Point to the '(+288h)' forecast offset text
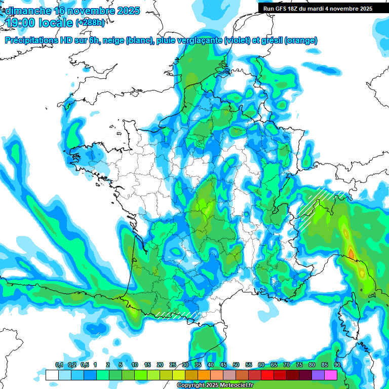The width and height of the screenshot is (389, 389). pos(91,23)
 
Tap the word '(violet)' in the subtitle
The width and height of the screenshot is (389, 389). pos(237,41)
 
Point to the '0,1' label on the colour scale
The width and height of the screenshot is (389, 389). pos(59,365)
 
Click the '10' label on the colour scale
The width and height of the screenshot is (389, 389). pos(135,365)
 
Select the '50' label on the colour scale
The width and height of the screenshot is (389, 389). pos(236,365)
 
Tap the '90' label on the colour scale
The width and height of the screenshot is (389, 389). pos(337,365)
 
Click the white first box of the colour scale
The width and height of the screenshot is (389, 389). pos(52,375)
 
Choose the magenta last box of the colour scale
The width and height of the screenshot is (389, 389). pos(331,375)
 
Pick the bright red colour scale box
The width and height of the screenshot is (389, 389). pos(267,375)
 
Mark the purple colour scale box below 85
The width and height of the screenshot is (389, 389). pos(318,375)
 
